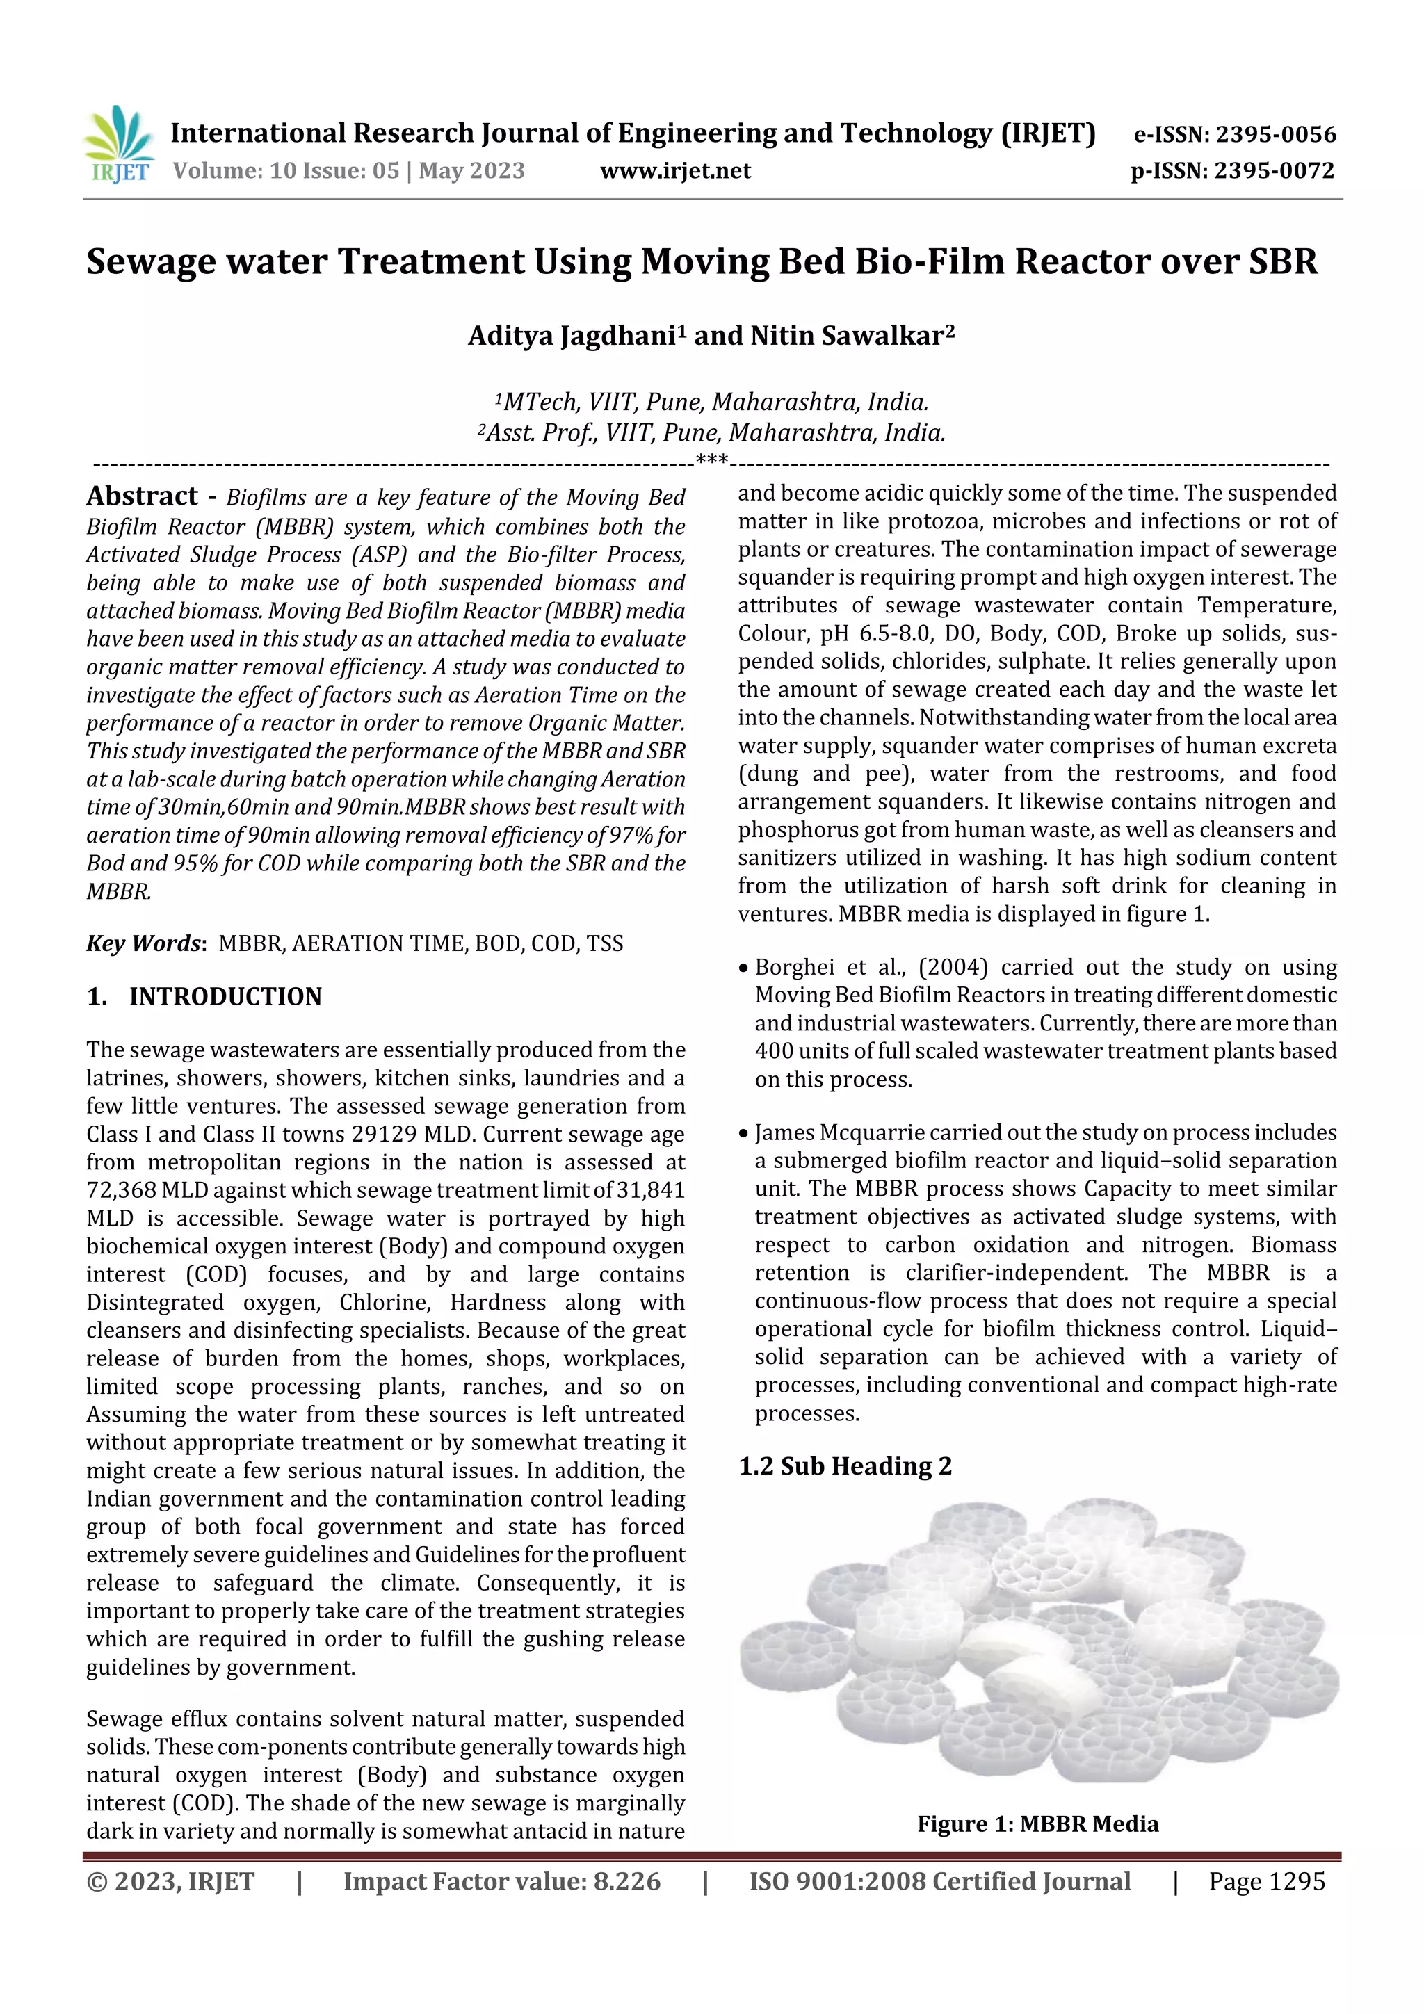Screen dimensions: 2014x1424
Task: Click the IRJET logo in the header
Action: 118,145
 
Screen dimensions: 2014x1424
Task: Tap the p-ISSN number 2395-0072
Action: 1274,171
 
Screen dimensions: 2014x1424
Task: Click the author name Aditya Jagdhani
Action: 571,336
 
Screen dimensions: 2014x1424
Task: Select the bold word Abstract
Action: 142,496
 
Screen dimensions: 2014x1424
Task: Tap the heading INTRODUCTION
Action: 225,996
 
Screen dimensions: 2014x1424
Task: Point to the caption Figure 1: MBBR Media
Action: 1037,1824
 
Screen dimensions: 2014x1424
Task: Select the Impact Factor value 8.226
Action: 626,1881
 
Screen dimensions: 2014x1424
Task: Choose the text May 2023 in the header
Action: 471,171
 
